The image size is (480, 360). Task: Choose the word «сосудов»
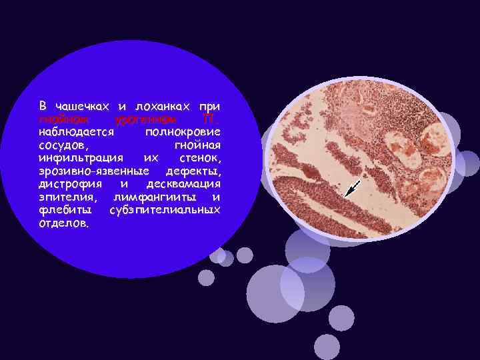coord(64,145)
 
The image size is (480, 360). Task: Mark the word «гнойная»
coord(197,145)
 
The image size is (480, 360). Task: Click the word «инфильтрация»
coord(79,158)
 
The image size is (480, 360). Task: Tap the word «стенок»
coord(200,158)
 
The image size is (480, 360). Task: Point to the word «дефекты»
coord(193,171)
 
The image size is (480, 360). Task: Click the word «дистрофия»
coord(69,184)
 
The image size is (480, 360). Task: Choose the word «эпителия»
coord(67,197)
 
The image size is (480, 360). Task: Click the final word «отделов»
coord(63,223)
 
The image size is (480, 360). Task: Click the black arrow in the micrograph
coord(353,189)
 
